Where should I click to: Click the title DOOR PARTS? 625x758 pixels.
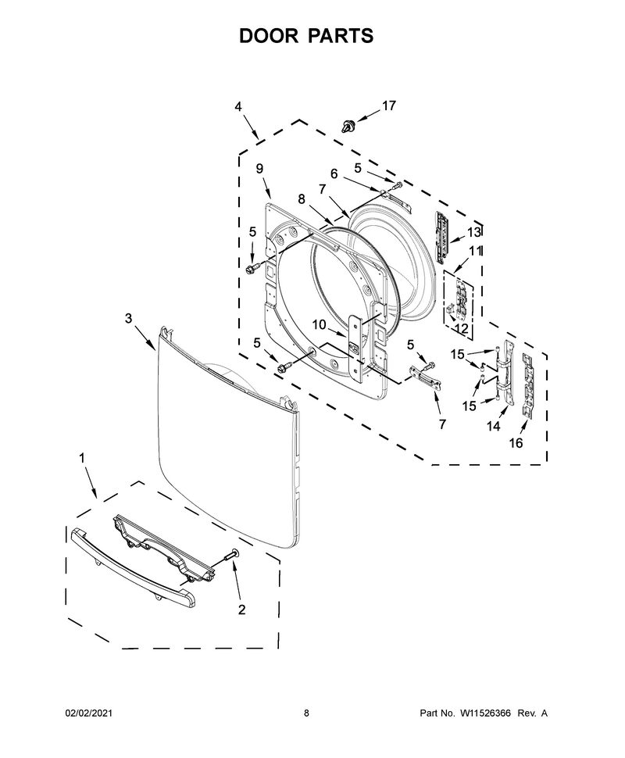(x=306, y=36)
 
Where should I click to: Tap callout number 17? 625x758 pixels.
(x=388, y=105)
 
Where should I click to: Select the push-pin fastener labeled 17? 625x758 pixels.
(x=348, y=126)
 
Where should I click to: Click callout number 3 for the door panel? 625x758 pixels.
(x=128, y=318)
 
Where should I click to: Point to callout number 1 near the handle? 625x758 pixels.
(x=82, y=457)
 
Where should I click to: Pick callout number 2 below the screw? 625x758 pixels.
(x=241, y=610)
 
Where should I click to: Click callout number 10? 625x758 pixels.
(x=319, y=324)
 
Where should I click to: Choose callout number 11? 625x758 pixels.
(x=475, y=251)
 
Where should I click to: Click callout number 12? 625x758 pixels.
(x=462, y=329)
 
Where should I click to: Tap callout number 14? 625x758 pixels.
(x=493, y=426)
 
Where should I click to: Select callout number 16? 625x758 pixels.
(x=516, y=443)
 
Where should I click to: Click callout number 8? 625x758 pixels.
(x=302, y=198)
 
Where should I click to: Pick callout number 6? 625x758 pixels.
(x=334, y=173)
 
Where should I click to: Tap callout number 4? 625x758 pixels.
(x=238, y=106)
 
